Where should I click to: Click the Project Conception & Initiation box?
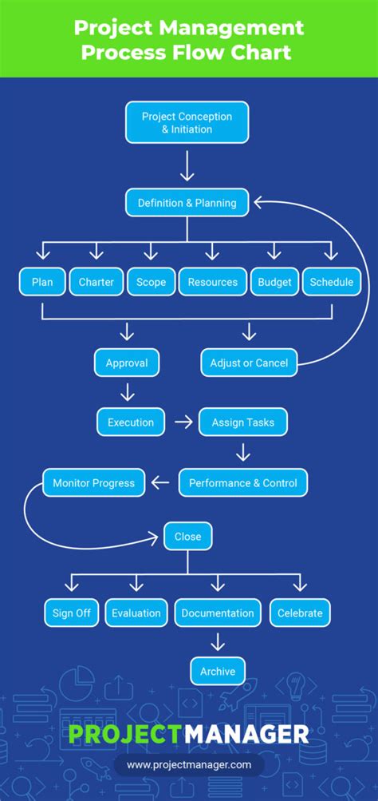tap(187, 122)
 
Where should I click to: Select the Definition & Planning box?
tap(187, 203)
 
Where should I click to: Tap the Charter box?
tap(96, 282)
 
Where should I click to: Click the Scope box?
tap(151, 282)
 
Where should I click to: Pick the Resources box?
tap(212, 282)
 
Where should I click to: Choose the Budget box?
tap(274, 282)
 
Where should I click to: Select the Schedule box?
tap(331, 282)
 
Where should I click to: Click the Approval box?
tap(127, 363)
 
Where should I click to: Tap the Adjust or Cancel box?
tap(249, 363)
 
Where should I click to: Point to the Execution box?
tap(131, 422)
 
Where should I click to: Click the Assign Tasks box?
tap(243, 422)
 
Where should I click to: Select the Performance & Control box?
tap(242, 482)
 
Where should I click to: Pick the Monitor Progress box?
tap(94, 482)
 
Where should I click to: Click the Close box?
tap(188, 537)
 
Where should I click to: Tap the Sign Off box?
tap(72, 613)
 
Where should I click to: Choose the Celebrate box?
tap(300, 613)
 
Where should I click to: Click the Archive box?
tap(218, 672)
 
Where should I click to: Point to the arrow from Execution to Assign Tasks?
tap(183, 422)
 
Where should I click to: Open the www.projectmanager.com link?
tap(189, 764)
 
